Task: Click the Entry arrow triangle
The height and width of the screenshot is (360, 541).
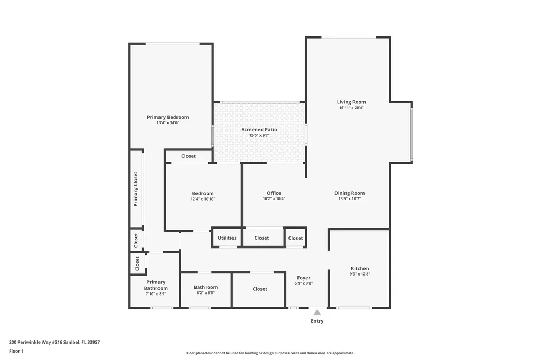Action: click(317, 312)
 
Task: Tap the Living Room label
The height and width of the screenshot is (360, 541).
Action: click(351, 102)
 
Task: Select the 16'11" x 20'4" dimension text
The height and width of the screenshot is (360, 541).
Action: click(351, 108)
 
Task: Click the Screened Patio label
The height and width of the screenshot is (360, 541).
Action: click(259, 129)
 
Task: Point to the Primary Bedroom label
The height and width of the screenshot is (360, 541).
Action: click(167, 117)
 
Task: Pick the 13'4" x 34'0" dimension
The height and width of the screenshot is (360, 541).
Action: click(167, 123)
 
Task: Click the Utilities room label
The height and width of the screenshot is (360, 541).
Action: click(227, 238)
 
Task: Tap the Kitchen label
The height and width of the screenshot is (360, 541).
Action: click(360, 268)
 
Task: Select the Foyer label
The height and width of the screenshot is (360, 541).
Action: click(304, 278)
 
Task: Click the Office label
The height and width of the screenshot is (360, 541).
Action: click(274, 193)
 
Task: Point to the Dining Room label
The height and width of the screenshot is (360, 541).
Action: click(349, 193)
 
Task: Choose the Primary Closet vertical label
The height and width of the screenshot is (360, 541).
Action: click(136, 188)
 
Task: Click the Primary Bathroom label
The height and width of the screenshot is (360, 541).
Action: click(156, 285)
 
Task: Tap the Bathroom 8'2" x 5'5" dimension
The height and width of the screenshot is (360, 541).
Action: click(206, 293)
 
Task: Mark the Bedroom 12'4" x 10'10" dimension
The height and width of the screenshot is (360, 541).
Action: click(203, 199)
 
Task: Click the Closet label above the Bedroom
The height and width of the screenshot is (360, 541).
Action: click(189, 156)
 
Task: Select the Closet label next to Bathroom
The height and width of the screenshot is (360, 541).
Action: click(260, 289)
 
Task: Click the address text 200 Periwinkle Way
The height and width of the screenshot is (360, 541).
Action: click(54, 342)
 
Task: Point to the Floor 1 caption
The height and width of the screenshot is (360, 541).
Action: click(16, 351)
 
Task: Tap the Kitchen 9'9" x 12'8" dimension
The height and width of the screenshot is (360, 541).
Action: click(360, 274)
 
